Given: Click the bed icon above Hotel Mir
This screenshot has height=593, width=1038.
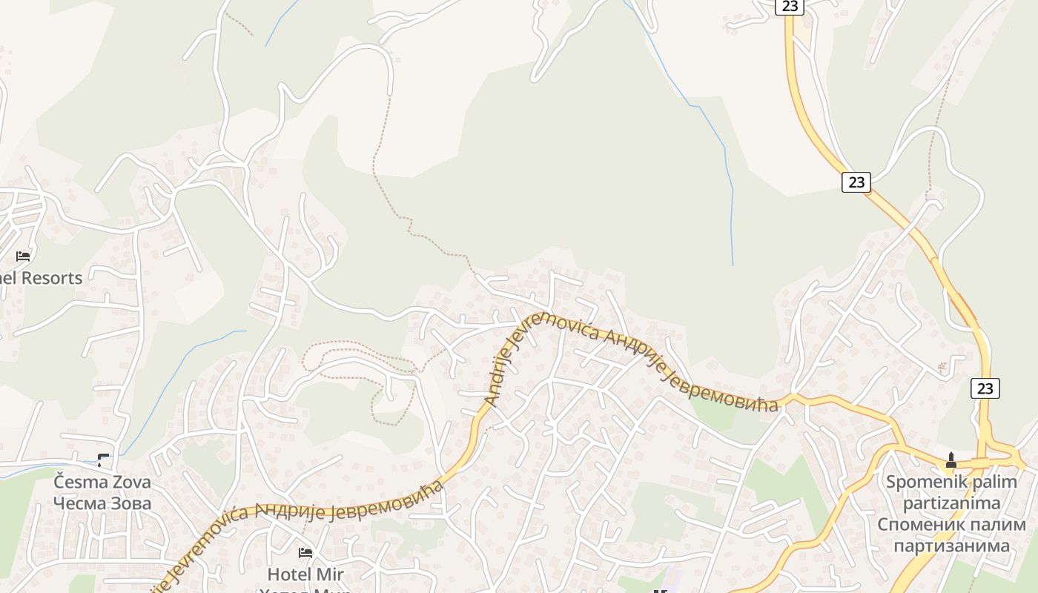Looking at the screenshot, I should tap(305, 552).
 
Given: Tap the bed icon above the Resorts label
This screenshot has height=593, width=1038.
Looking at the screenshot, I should tap(23, 256).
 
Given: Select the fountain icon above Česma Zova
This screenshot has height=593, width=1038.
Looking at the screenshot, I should tap(102, 460).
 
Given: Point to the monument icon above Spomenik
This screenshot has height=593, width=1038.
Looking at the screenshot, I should tap(951, 460).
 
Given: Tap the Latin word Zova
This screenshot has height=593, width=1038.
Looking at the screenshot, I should tap(132, 483).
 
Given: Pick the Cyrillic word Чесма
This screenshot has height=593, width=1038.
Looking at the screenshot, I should tap(80, 504).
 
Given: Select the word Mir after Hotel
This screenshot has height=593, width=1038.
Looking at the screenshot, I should tap(330, 574).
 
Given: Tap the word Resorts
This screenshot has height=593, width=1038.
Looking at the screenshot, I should tap(51, 279).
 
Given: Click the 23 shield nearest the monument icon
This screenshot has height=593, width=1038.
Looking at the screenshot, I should tap(985, 388).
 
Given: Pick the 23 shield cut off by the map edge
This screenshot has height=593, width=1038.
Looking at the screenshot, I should tap(789, 6).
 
